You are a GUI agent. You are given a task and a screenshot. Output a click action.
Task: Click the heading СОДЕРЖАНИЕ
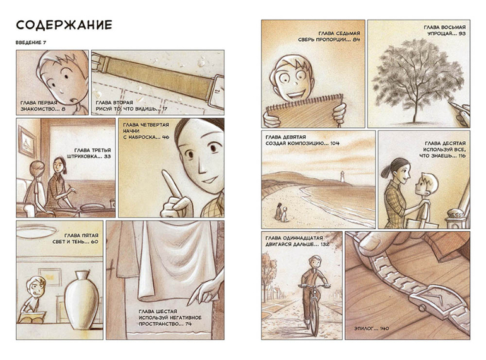point(64,25)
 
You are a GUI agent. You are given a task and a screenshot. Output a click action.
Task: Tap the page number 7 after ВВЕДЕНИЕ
point(45,42)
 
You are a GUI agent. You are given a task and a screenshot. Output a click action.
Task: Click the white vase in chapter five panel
point(81,300)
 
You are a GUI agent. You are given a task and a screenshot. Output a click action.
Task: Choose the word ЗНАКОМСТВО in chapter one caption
point(35,109)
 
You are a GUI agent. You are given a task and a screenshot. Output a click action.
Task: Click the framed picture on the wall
point(27,142)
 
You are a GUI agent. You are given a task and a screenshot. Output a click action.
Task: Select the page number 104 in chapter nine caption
point(335,143)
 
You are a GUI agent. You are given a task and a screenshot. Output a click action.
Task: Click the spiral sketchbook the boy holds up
point(304,111)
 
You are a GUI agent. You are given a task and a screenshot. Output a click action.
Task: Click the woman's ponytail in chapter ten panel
point(386,171)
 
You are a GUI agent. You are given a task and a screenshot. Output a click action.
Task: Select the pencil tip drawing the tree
point(450,102)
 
